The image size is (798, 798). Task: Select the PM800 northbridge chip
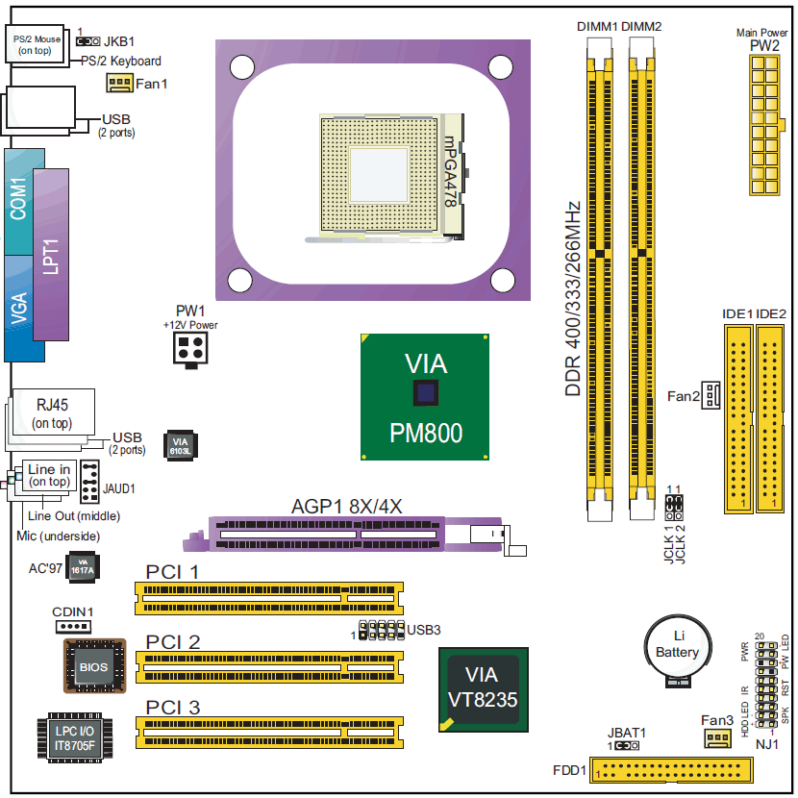click(x=426, y=396)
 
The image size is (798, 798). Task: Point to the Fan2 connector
click(x=711, y=394)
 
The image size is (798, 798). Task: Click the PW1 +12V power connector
click(x=190, y=352)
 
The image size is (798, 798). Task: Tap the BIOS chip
click(x=94, y=665)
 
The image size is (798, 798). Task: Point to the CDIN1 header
click(x=73, y=627)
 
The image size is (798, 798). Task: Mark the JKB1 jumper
click(x=88, y=42)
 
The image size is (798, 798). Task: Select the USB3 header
click(x=381, y=632)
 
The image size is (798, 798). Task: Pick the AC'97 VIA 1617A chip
click(x=84, y=567)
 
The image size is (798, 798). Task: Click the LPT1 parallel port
click(x=53, y=255)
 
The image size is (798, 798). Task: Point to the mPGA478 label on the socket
click(x=449, y=173)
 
